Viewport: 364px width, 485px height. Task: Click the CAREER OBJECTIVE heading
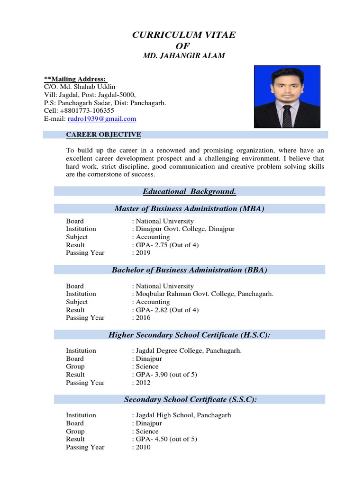pos(103,135)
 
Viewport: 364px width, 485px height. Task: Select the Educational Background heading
pos(189,191)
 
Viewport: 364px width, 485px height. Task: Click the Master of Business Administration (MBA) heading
pos(189,208)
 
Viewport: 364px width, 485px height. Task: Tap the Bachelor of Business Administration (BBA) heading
pos(189,270)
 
